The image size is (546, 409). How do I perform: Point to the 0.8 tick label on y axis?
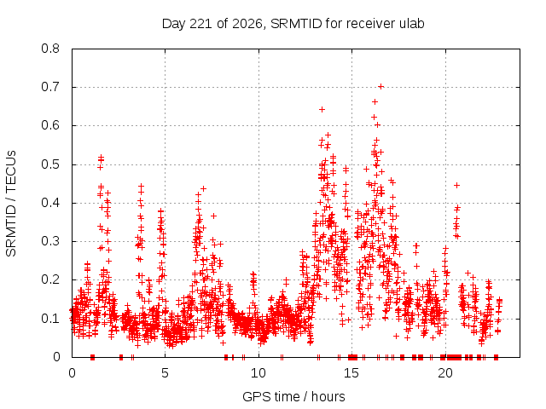(x=50, y=49)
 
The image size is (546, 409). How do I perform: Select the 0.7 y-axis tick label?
(x=50, y=87)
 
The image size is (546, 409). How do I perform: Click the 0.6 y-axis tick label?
(x=50, y=125)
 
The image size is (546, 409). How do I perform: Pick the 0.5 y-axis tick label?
(x=50, y=164)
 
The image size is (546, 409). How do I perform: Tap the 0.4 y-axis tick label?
(x=50, y=203)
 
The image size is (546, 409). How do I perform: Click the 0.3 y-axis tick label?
(x=50, y=241)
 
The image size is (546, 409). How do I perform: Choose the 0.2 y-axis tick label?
(x=50, y=279)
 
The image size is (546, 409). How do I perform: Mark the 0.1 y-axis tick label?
(x=50, y=318)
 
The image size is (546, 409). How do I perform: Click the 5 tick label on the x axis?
(x=165, y=373)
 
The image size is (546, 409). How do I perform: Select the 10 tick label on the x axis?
(x=258, y=373)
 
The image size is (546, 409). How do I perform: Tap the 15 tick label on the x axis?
(x=351, y=373)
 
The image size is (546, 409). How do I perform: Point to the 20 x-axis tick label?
(x=445, y=373)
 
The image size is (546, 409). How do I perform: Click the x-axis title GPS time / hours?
(x=293, y=396)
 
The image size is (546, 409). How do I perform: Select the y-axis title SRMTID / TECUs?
(x=11, y=204)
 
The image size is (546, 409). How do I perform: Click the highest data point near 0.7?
(x=381, y=87)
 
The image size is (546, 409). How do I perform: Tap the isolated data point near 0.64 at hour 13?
(x=322, y=110)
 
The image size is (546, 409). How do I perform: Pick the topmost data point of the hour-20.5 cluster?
(x=457, y=186)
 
